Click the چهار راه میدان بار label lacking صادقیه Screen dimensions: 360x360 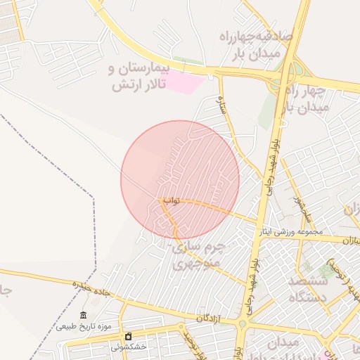point(307,99)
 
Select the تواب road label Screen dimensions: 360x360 point(172,201)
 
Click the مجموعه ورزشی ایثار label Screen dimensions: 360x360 point(290,231)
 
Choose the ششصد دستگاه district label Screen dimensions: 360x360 point(307,288)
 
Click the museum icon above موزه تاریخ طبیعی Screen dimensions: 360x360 point(84,314)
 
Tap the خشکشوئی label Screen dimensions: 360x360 point(129,347)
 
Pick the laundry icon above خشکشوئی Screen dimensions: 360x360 point(128,335)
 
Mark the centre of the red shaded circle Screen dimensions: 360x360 point(180,179)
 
